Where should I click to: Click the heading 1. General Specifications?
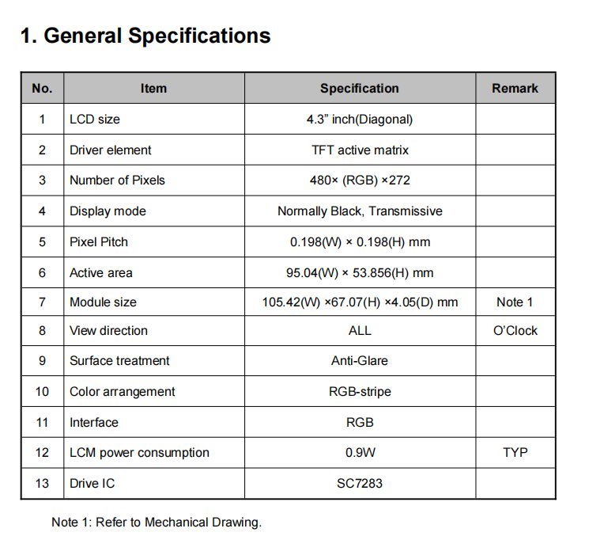pyautogui.click(x=145, y=36)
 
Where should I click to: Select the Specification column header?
pyautogui.click(x=360, y=89)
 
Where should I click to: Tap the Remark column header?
pyautogui.click(x=515, y=89)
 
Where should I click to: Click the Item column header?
pyautogui.click(x=153, y=89)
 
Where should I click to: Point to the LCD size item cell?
pyautogui.click(x=95, y=120)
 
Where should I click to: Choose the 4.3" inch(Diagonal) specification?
pyautogui.click(x=360, y=120)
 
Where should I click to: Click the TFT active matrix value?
pyautogui.click(x=360, y=150)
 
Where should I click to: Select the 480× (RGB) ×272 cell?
pyautogui.click(x=360, y=181)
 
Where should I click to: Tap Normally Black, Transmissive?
pyautogui.click(x=360, y=211)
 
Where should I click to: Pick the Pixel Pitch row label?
pyautogui.click(x=99, y=241)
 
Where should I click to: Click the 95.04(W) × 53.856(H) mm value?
pyautogui.click(x=360, y=273)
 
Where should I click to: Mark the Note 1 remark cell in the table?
pyautogui.click(x=515, y=302)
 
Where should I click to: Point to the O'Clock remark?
pyautogui.click(x=515, y=331)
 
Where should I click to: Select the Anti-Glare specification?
pyautogui.click(x=360, y=361)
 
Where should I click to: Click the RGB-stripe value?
pyautogui.click(x=360, y=392)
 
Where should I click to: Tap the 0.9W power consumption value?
pyautogui.click(x=360, y=453)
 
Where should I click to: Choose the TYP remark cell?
pyautogui.click(x=515, y=453)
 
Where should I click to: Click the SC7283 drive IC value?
pyautogui.click(x=360, y=483)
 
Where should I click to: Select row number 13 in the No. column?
pyautogui.click(x=42, y=483)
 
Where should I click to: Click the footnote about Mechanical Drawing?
pyautogui.click(x=157, y=523)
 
